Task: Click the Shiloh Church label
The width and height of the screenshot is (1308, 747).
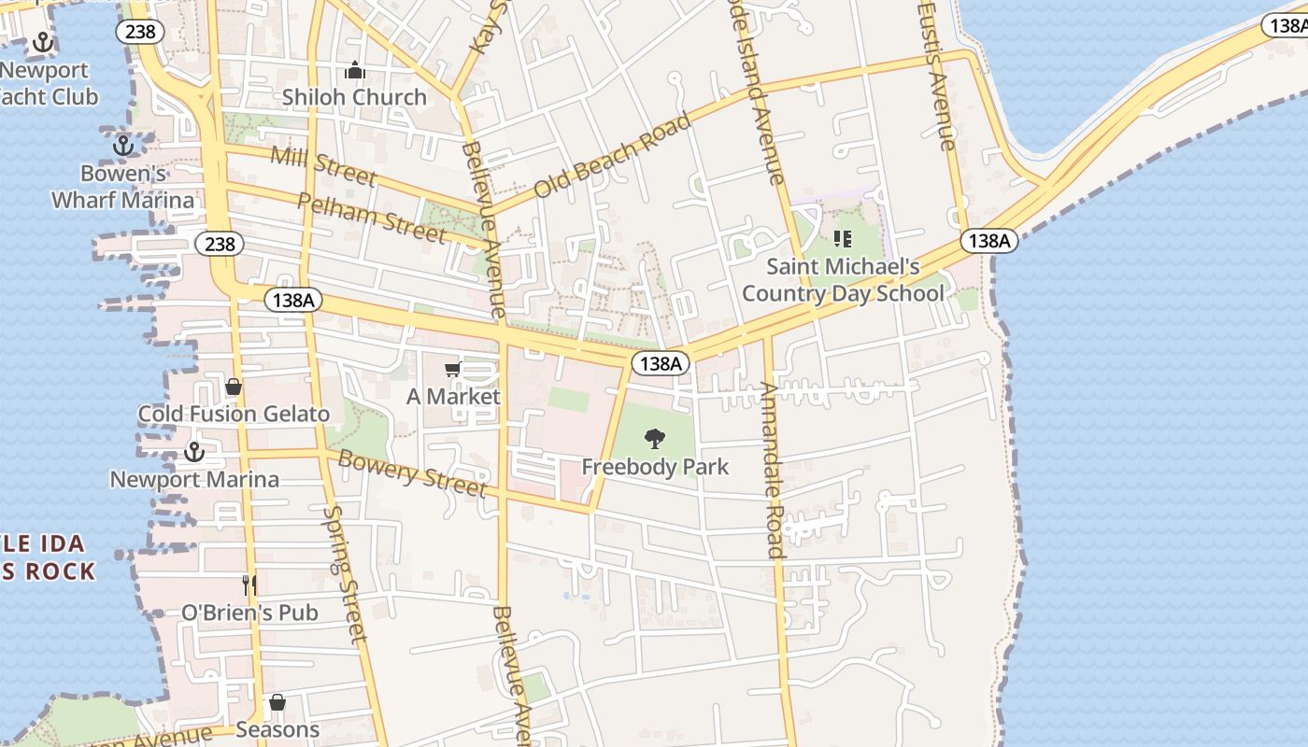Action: pos(354,97)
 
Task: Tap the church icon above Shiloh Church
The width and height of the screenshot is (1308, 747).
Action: pos(354,70)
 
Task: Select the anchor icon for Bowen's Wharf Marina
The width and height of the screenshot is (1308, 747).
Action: pos(122,146)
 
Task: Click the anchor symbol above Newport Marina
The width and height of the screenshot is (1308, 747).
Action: pos(193,452)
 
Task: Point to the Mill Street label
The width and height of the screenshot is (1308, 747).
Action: pos(323,165)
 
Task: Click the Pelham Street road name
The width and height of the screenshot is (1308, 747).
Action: pos(371,218)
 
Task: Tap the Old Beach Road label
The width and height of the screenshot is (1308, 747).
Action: pos(612,156)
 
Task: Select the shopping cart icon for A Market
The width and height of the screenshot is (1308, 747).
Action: pos(453,370)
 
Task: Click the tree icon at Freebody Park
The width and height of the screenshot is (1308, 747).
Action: pos(655,438)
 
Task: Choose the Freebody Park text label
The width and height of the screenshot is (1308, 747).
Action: pos(655,467)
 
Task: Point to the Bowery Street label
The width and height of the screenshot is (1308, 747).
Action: pos(412,472)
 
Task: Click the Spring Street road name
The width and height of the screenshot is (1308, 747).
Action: pos(343,574)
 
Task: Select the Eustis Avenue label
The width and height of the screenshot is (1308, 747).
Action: pos(937,75)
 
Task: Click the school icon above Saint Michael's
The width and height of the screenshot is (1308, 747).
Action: pos(842,239)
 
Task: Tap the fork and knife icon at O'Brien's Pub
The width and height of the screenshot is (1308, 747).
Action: pos(249,585)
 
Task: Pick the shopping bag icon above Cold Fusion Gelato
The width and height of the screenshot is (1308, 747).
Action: pos(234,387)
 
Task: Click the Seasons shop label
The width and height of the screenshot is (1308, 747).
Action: pos(277,729)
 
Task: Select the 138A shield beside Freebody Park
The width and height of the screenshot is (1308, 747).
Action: pos(661,363)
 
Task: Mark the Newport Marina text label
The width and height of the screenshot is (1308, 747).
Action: pos(194,480)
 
